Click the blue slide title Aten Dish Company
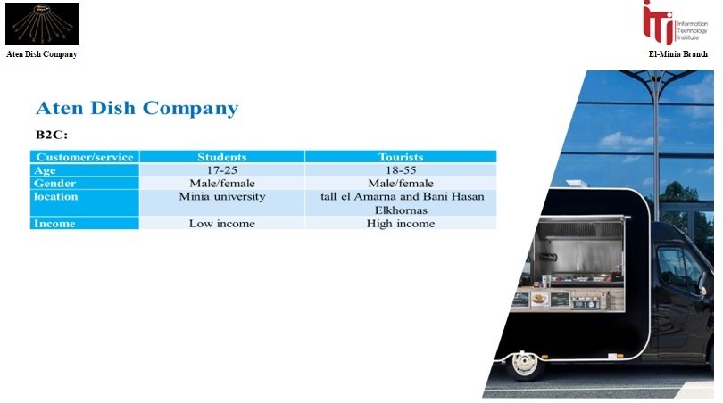pyautogui.click(x=137, y=108)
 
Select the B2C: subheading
pyautogui.click(x=52, y=135)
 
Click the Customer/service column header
pyautogui.click(x=85, y=157)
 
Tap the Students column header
pyautogui.click(x=221, y=157)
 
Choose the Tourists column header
pyautogui.click(x=401, y=157)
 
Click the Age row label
pyautogui.click(x=45, y=170)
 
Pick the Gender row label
pyautogui.click(x=54, y=184)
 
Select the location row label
pyautogui.click(x=56, y=197)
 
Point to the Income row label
pyautogui.click(x=54, y=224)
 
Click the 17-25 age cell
pyautogui.click(x=221, y=170)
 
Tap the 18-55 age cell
pyautogui.click(x=401, y=170)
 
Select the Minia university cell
pyautogui.click(x=221, y=197)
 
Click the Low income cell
pyautogui.click(x=221, y=224)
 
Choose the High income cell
pyautogui.click(x=401, y=224)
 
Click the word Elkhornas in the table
pyautogui.click(x=401, y=210)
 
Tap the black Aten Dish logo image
pyautogui.click(x=43, y=24)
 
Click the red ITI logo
pyautogui.click(x=658, y=23)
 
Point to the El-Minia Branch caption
pyautogui.click(x=677, y=53)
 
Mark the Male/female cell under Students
pyautogui.click(x=221, y=184)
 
